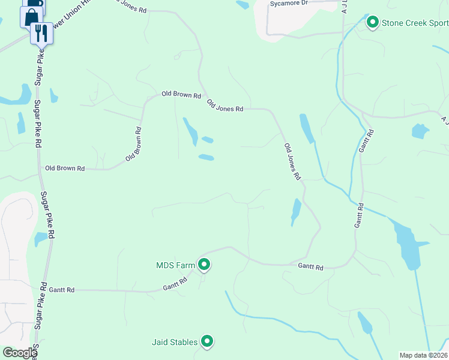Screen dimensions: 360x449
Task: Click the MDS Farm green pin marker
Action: click(x=204, y=264)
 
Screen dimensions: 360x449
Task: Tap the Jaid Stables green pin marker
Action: click(x=207, y=341)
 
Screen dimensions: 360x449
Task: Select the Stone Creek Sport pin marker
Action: click(x=372, y=23)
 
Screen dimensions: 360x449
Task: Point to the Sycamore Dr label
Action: click(x=289, y=3)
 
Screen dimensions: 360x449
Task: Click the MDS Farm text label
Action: click(x=175, y=265)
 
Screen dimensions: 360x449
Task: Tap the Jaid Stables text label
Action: click(x=175, y=342)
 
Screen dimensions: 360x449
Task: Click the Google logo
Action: click(x=19, y=353)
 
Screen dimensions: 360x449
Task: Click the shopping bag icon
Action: click(x=31, y=16)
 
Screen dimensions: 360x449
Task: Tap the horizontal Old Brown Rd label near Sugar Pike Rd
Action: click(x=65, y=168)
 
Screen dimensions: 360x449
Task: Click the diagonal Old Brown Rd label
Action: click(x=133, y=144)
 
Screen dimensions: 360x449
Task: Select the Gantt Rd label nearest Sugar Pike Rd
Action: click(x=62, y=290)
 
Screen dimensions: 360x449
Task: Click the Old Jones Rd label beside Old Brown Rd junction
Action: click(x=225, y=106)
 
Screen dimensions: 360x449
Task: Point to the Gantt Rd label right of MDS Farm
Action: click(x=311, y=266)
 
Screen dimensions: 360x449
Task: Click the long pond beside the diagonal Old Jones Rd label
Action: click(x=307, y=128)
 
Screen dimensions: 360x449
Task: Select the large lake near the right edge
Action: click(x=409, y=243)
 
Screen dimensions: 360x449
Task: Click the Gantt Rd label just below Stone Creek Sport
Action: click(x=367, y=139)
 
